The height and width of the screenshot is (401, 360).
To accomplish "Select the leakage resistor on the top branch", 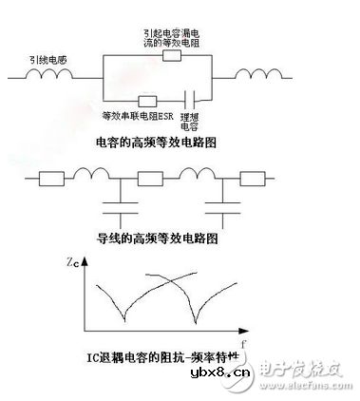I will [x=172, y=54].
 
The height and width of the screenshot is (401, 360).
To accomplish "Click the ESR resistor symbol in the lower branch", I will [x=147, y=101].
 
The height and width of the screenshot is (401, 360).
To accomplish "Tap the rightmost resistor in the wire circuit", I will [x=252, y=178].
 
